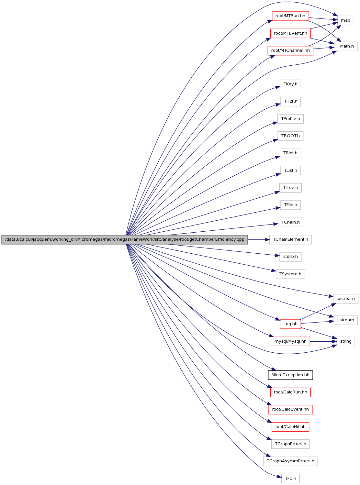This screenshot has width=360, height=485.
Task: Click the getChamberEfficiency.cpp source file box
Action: click(x=125, y=239)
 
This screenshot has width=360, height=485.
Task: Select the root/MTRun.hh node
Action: click(x=290, y=16)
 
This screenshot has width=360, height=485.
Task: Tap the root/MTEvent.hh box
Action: click(x=290, y=33)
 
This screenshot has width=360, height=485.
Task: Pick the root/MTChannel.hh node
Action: click(x=290, y=50)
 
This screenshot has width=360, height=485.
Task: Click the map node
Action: click(x=345, y=20)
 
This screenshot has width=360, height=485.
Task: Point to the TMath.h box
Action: click(x=345, y=46)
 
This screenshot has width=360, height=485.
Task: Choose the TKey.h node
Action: click(x=290, y=84)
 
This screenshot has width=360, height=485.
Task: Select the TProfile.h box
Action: click(x=290, y=119)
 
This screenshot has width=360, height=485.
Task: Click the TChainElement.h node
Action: click(x=290, y=239)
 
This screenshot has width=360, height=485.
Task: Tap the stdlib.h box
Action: click(x=290, y=257)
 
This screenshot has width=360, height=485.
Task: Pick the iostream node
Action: click(x=345, y=299)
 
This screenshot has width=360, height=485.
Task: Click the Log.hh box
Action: click(x=290, y=324)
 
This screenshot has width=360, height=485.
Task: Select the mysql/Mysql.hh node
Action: click(x=290, y=341)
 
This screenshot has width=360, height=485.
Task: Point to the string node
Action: click(x=345, y=341)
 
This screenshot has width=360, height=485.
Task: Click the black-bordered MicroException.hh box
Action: click(x=290, y=375)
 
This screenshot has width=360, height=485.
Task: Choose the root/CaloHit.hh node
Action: click(x=290, y=427)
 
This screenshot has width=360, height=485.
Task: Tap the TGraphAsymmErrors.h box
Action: click(x=290, y=461)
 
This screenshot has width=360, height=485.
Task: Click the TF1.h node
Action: click(x=290, y=479)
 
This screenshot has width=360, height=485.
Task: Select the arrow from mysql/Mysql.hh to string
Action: click(x=323, y=341)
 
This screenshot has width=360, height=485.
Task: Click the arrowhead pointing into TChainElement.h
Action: click(x=267, y=239)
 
